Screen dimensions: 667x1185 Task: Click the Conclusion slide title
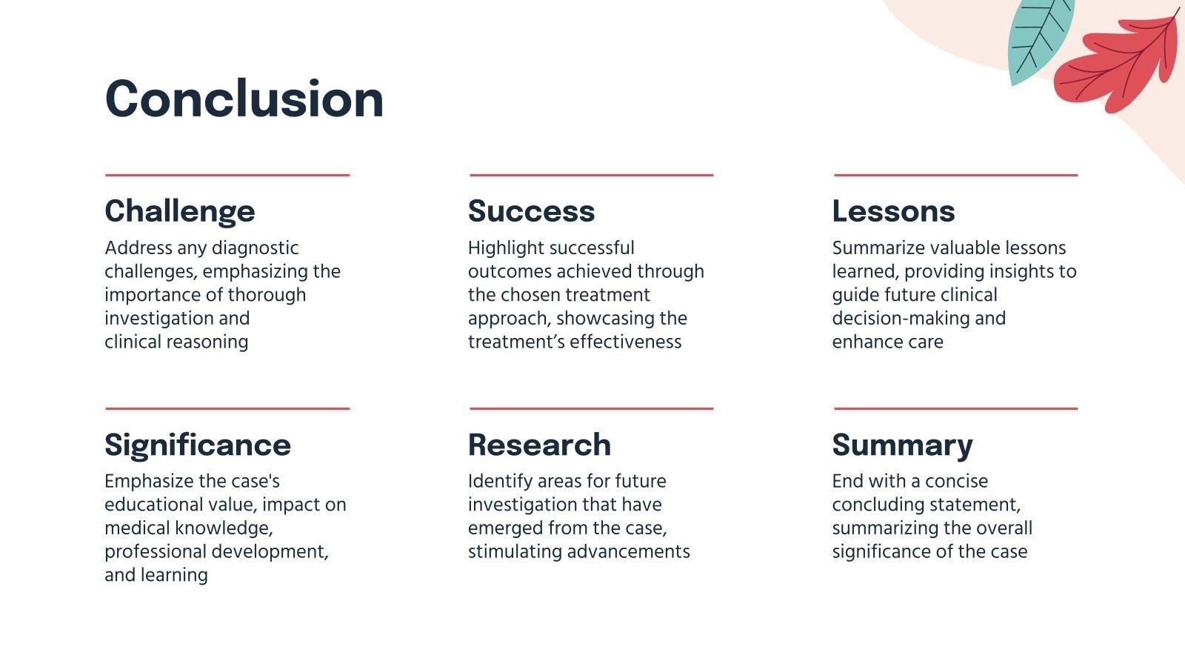[244, 99]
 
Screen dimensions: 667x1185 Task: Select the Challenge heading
[180, 211]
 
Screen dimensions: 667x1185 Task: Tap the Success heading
[531, 211]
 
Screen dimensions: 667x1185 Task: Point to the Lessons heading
[893, 211]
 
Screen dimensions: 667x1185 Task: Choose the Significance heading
[198, 445]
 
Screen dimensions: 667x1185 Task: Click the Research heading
[539, 445]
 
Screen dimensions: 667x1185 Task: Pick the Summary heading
[902, 445]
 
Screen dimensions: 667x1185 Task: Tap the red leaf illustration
[1118, 63]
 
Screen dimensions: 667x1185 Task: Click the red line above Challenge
[227, 176]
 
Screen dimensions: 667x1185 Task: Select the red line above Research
[591, 408]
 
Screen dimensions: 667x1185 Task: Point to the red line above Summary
[955, 408]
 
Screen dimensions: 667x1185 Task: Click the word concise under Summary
[956, 482]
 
